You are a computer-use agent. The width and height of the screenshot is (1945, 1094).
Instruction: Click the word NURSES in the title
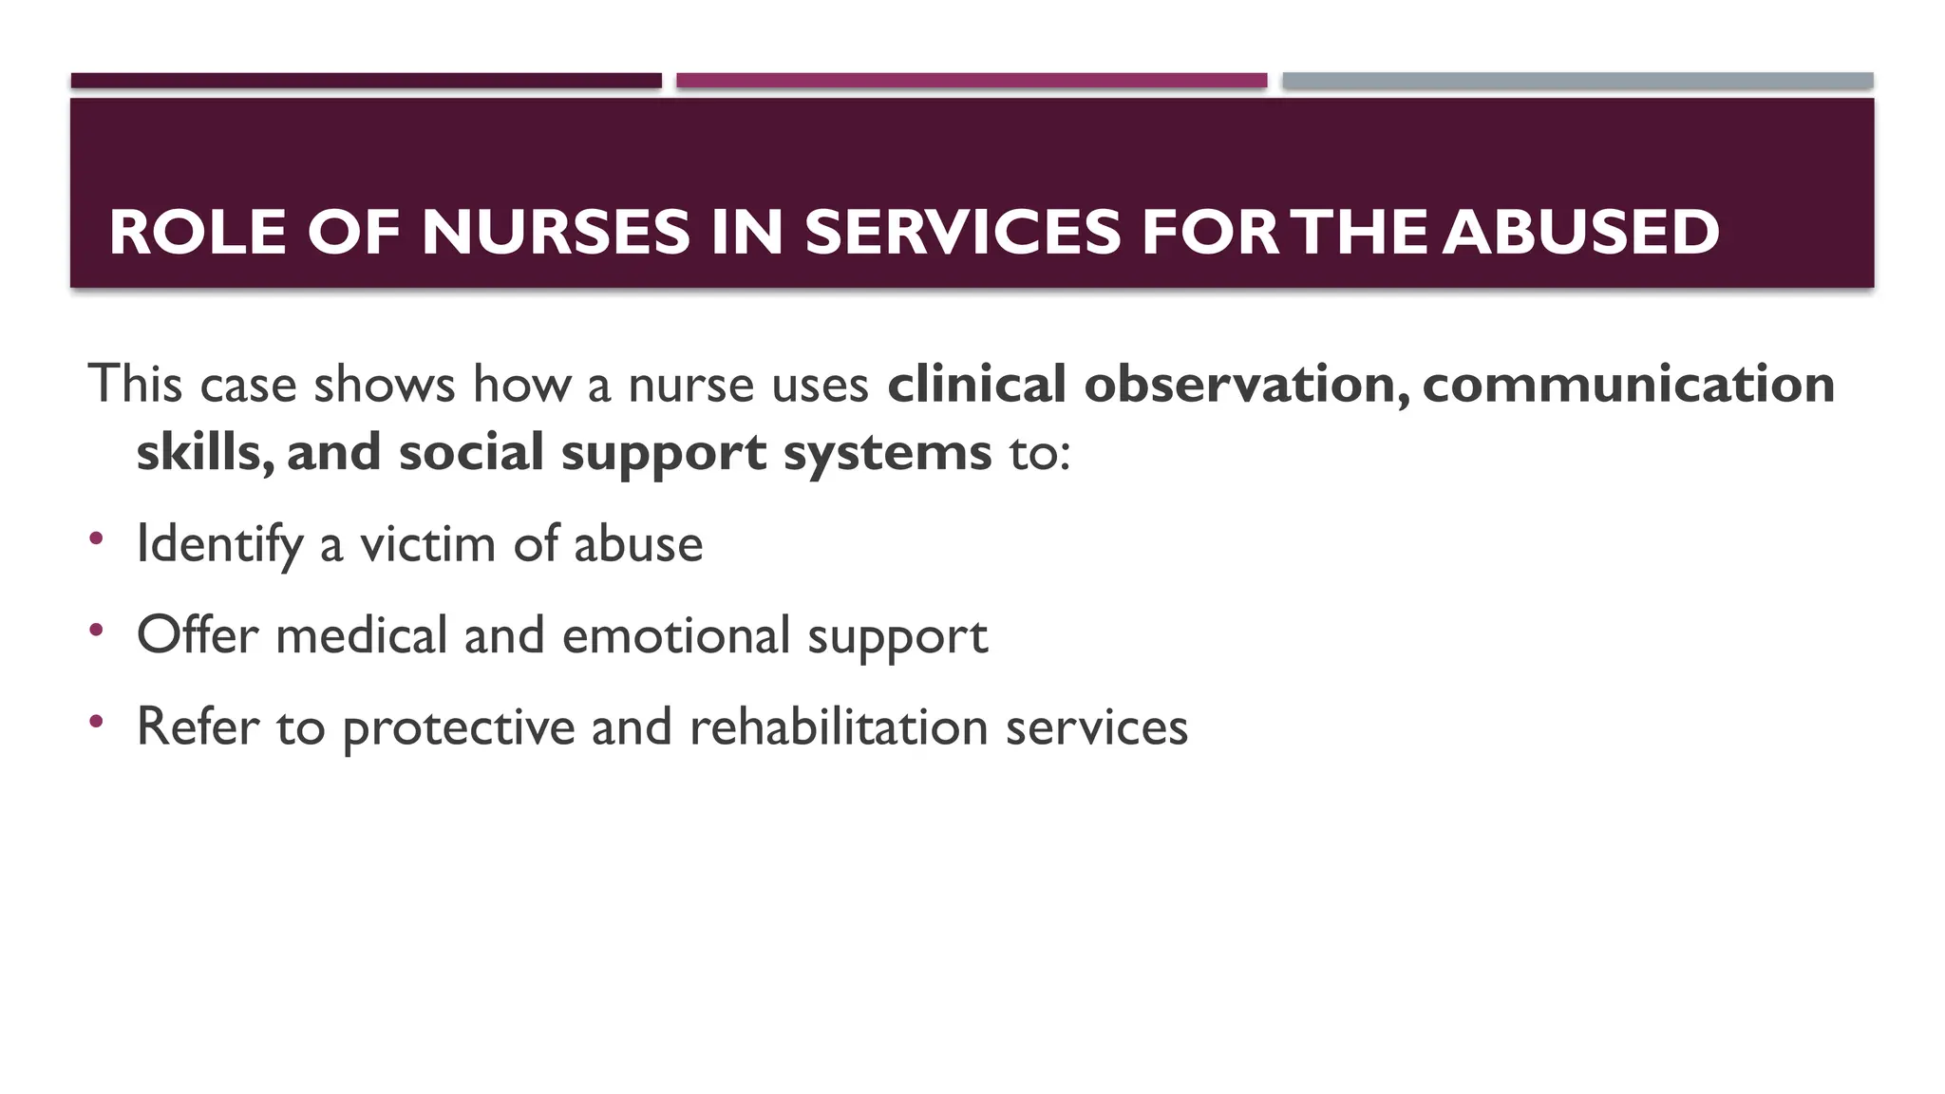556,233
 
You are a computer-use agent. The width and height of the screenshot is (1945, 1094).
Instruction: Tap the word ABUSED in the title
1580,233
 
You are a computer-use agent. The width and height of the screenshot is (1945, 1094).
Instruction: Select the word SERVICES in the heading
963,233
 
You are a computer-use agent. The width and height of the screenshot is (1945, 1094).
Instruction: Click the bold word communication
1628,385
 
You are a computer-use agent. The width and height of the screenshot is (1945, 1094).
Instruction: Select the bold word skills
203,452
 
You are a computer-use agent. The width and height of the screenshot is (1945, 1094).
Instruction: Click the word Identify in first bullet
219,545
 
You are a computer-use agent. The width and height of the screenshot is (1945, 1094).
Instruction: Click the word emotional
675,635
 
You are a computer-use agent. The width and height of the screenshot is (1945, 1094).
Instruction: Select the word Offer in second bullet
198,635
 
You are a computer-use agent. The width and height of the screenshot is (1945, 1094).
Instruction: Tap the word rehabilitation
839,726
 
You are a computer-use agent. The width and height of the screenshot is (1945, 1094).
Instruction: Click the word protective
459,728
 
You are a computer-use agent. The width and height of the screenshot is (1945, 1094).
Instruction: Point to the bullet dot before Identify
96,538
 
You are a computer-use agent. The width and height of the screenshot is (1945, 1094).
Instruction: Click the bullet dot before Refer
96,722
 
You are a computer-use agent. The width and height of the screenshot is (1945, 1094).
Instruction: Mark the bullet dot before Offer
96,630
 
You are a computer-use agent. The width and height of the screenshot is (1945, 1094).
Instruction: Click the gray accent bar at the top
1577,81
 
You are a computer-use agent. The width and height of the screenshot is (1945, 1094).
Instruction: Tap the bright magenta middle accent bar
972,81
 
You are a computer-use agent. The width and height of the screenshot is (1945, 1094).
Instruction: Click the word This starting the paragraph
135,385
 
